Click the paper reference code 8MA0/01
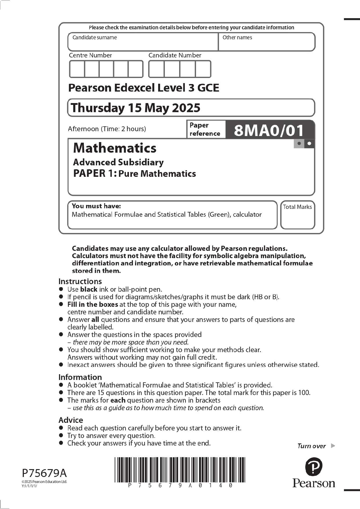[269, 130]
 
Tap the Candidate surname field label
[94, 37]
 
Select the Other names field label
[237, 37]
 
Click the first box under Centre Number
[77, 69]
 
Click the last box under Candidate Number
[203, 69]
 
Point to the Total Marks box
[297, 215]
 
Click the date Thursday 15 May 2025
[135, 108]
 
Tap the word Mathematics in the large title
[115, 148]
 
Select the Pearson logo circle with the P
[314, 467]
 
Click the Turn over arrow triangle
[333, 446]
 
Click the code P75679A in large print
[44, 473]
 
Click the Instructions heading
[80, 281]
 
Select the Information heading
[80, 377]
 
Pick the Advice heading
[70, 420]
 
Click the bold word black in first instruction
[89, 289]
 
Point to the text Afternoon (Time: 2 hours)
[107, 129]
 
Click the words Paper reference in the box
[205, 129]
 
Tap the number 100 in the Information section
[304, 393]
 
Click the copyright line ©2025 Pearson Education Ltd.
[44, 482]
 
